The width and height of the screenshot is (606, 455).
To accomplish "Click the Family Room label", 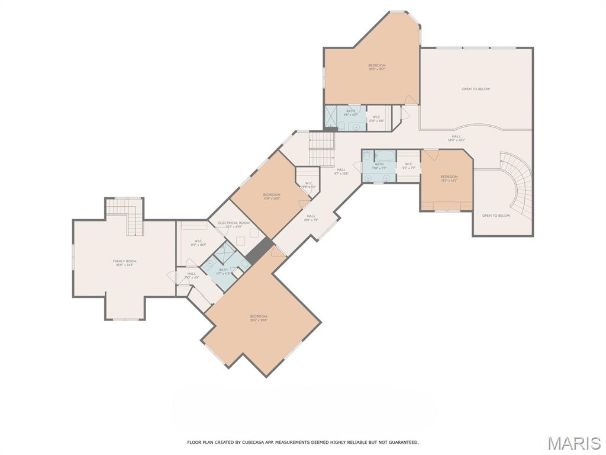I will click(125, 263).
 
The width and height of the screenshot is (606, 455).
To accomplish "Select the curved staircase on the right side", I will click(516, 184).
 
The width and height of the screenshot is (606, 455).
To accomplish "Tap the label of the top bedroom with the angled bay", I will click(377, 67).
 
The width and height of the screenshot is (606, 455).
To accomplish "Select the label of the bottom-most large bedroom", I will click(259, 318).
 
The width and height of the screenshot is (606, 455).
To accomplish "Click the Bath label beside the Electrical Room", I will click(223, 271).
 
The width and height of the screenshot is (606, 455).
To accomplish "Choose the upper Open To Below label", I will click(476, 89).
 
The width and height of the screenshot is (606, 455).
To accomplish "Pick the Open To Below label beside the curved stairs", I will click(495, 216).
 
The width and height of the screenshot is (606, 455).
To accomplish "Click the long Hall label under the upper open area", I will click(456, 138).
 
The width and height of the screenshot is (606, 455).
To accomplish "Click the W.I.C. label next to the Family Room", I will click(197, 243).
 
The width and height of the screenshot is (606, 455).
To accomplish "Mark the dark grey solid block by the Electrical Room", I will click(259, 250).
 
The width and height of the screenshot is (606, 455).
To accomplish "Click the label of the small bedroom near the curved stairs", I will click(449, 178).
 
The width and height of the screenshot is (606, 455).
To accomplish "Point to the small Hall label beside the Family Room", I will click(191, 275).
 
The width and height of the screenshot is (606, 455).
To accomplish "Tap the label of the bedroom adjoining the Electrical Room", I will click(272, 197).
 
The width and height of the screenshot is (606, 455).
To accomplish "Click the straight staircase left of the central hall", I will click(323, 148).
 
